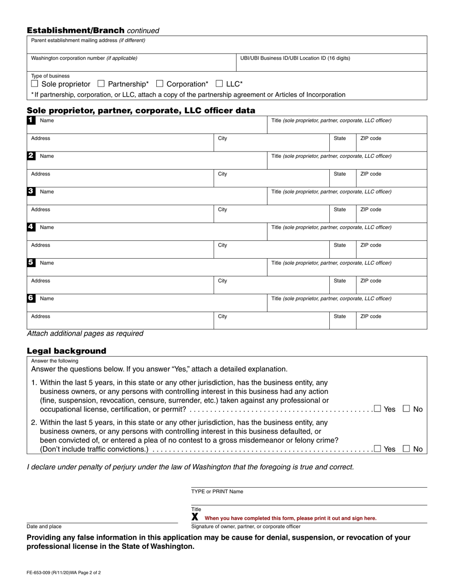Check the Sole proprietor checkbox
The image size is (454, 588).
[x=34, y=84]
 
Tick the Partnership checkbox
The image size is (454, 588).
[x=101, y=84]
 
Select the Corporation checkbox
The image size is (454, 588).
[x=160, y=84]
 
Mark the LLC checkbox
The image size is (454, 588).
[x=219, y=84]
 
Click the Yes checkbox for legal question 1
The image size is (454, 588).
[x=378, y=409]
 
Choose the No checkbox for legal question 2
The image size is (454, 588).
[x=406, y=449]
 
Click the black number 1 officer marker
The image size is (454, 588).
[x=31, y=120]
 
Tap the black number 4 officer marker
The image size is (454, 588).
[x=31, y=227]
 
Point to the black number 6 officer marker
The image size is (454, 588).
[x=31, y=298]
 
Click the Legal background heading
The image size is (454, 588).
[x=66, y=351]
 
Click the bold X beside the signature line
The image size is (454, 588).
[x=195, y=517]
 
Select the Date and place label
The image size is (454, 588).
[x=44, y=526]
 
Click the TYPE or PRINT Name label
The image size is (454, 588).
[x=217, y=491]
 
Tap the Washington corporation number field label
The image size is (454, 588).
[x=84, y=58]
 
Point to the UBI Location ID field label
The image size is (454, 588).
[x=295, y=58]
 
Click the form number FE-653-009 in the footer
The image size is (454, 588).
[x=64, y=572]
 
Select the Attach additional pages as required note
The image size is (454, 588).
[x=85, y=334]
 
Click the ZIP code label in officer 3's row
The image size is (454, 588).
[x=371, y=209]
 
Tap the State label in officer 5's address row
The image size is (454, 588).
[x=340, y=281]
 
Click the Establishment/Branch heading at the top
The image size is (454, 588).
[x=76, y=30]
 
